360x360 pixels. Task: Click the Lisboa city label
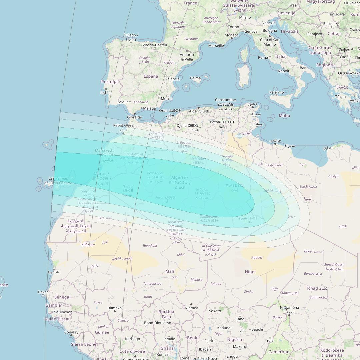[106, 93]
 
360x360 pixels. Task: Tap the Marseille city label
[216, 46]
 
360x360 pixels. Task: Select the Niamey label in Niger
[191, 308]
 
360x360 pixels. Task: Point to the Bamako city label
[115, 308]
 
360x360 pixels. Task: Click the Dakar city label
[43, 292]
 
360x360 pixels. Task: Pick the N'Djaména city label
[289, 307]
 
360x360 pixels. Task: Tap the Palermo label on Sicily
[277, 92]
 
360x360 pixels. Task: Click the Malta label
[284, 116]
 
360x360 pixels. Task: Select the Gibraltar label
[135, 117]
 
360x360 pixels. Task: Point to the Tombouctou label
[152, 284]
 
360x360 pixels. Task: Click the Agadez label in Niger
[257, 257]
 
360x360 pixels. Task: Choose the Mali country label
[170, 271]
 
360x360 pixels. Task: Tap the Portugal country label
[110, 82]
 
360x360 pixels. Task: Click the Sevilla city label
[123, 102]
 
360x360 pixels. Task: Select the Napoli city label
[283, 71]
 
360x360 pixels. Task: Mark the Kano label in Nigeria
[240, 319]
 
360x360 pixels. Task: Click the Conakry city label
[71, 332]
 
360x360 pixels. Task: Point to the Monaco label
[232, 35]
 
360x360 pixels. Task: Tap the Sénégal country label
[62, 297]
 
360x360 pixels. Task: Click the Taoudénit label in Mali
[150, 246]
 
